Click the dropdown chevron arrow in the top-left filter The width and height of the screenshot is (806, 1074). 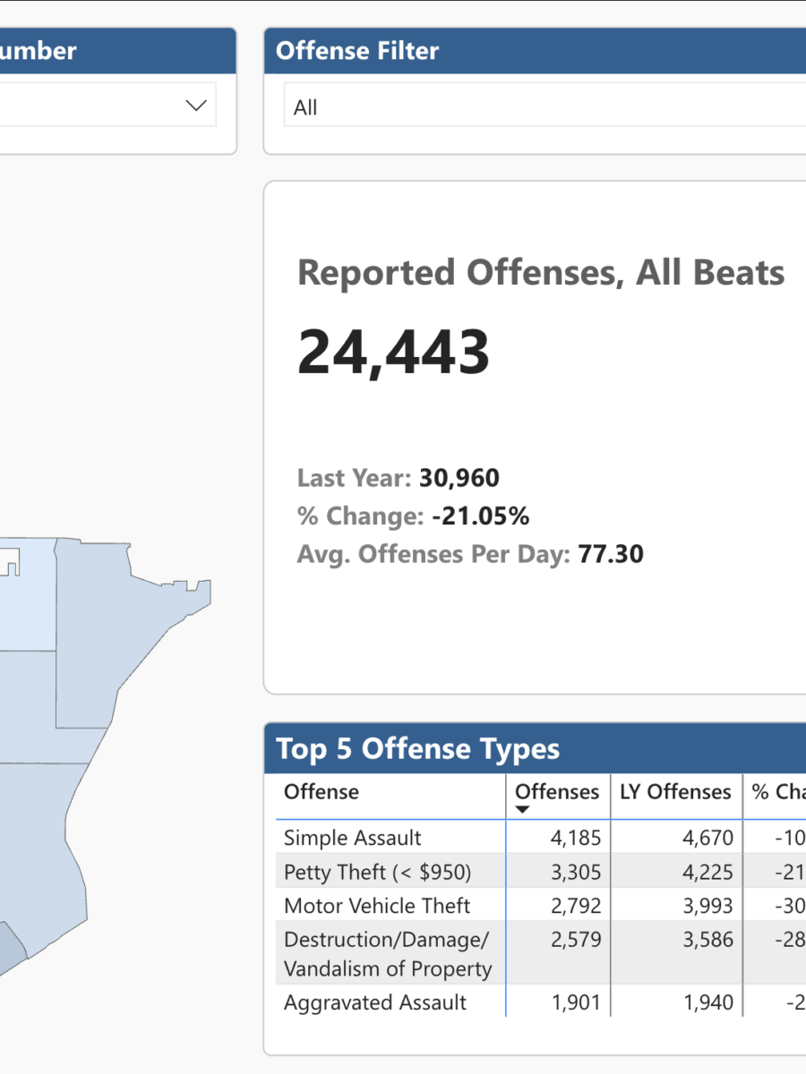(196, 106)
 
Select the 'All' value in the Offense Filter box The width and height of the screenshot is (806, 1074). (305, 108)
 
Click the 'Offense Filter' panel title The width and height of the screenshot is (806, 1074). (357, 51)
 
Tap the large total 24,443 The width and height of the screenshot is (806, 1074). (393, 352)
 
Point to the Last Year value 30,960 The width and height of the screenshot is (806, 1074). (459, 478)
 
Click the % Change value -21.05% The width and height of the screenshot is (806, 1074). (479, 516)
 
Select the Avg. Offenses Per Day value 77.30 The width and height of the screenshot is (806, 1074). (610, 554)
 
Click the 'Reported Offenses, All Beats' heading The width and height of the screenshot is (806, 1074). (541, 273)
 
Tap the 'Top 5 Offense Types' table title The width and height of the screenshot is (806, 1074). (417, 749)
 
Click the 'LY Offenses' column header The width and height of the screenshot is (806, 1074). (675, 792)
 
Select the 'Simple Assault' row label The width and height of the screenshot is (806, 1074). (352, 838)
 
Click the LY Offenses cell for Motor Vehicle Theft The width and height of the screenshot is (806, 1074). (707, 906)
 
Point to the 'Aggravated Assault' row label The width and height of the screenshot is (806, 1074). (374, 1002)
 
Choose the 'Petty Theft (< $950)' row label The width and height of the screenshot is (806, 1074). (377, 872)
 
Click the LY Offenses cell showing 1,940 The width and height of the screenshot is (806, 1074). (707, 1002)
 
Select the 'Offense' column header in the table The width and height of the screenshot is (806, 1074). (321, 792)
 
